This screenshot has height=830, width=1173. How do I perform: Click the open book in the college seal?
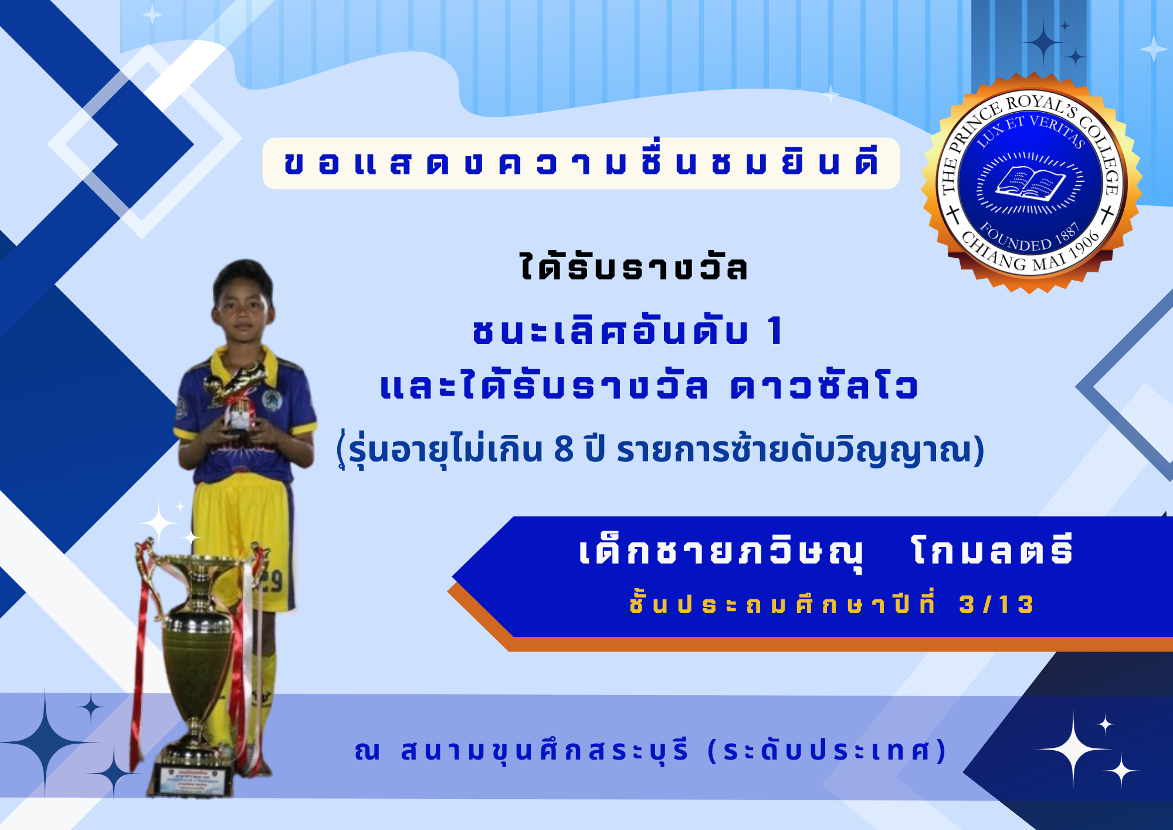[1030, 183]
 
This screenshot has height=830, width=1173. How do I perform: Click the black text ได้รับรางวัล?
[633, 267]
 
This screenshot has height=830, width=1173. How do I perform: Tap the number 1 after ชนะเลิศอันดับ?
[775, 330]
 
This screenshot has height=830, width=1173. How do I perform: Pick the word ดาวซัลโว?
[824, 387]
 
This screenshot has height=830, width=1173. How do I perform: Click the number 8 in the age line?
[563, 450]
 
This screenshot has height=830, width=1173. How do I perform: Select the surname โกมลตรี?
[992, 551]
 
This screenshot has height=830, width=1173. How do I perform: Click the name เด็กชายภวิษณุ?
[721, 552]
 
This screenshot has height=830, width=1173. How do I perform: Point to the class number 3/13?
[996, 604]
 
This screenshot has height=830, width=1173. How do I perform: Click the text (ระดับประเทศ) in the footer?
[828, 750]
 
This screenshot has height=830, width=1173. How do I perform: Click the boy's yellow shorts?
[243, 540]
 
